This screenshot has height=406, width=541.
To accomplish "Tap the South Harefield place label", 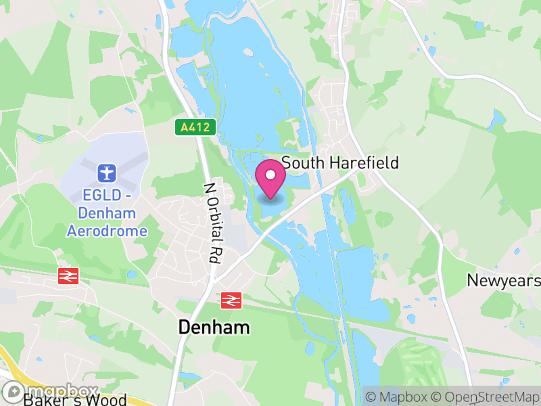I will (340, 163).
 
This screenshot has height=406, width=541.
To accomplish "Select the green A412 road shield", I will (196, 127).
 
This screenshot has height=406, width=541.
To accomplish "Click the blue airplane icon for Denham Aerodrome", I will (106, 172).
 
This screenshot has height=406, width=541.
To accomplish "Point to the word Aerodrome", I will (107, 231).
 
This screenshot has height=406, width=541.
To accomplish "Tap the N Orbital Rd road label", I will (214, 222).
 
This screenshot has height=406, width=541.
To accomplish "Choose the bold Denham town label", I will (214, 328).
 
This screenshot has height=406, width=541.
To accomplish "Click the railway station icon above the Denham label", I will (231, 298).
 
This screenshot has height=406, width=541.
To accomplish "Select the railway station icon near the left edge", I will (67, 275).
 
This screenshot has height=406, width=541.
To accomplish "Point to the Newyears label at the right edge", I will (504, 280).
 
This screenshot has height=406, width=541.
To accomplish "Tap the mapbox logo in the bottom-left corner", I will (51, 390).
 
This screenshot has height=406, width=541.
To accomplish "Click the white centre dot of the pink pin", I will (270, 175).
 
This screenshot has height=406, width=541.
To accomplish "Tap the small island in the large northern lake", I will (248, 51).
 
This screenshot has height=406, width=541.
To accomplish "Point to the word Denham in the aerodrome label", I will (107, 214).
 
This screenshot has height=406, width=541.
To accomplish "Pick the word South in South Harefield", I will (302, 163).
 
